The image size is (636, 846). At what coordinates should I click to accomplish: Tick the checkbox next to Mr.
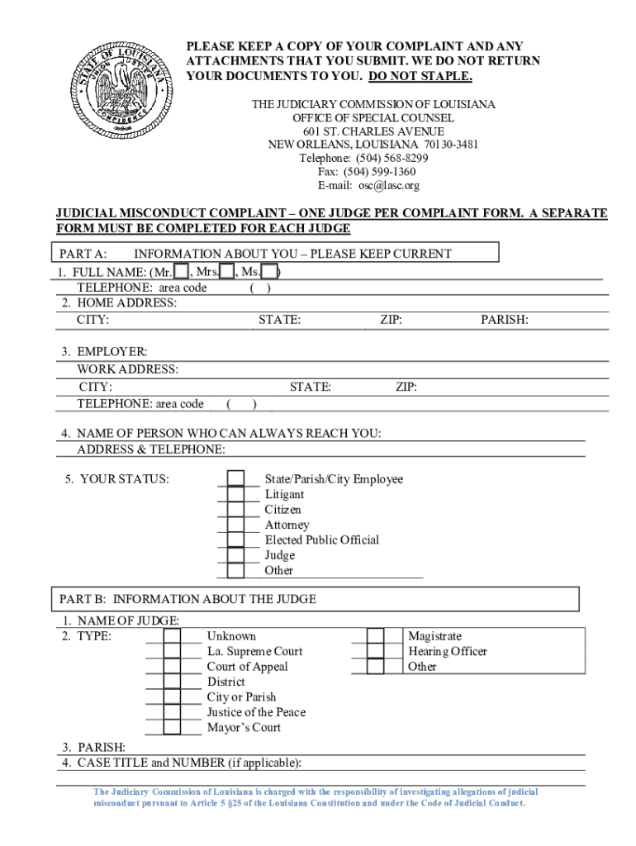pyautogui.click(x=181, y=273)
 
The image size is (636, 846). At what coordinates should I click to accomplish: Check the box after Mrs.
pyautogui.click(x=226, y=273)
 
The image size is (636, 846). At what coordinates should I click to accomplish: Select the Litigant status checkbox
pyautogui.click(x=236, y=494)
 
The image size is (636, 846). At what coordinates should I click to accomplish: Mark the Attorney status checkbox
pyautogui.click(x=236, y=525)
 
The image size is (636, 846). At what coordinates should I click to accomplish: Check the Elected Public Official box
pyautogui.click(x=236, y=540)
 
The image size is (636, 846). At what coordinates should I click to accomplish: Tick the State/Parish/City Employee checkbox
pyautogui.click(x=236, y=479)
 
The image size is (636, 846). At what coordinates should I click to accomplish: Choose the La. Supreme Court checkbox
pyautogui.click(x=172, y=652)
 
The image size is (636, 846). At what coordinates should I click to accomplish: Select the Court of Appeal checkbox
pyautogui.click(x=172, y=667)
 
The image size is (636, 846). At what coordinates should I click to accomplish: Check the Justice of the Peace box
pyautogui.click(x=172, y=712)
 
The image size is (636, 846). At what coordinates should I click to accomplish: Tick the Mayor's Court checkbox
pyautogui.click(x=172, y=727)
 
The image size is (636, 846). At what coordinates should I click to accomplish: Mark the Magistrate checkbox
pyautogui.click(x=376, y=636)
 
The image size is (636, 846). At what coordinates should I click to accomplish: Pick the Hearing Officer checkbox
pyautogui.click(x=376, y=651)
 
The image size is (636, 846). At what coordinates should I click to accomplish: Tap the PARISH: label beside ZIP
pyautogui.click(x=505, y=320)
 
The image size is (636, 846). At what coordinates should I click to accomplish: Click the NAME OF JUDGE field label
pyautogui.click(x=119, y=620)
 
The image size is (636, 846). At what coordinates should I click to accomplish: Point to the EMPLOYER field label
pyautogui.click(x=104, y=352)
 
